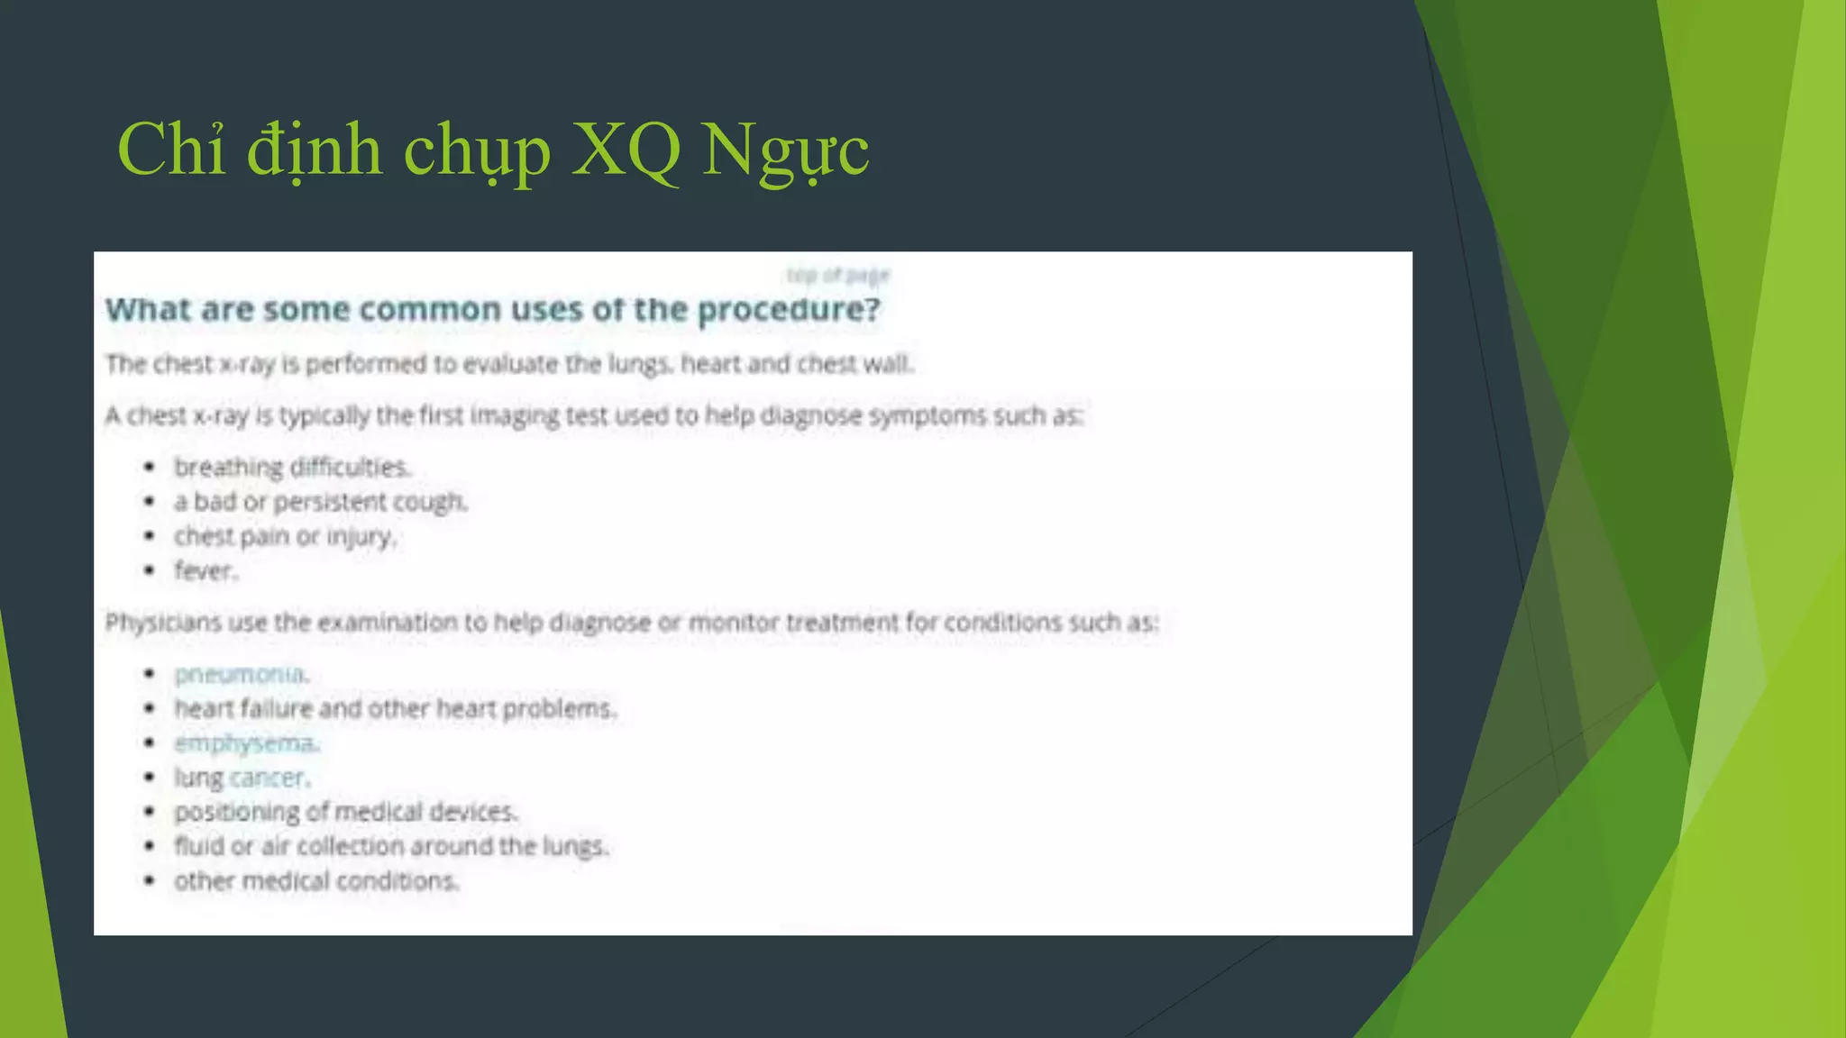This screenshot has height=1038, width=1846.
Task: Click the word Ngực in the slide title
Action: pyautogui.click(x=785, y=150)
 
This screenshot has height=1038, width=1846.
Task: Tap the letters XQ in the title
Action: pyautogui.click(x=626, y=150)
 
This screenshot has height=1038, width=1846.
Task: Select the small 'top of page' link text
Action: pyautogui.click(x=837, y=275)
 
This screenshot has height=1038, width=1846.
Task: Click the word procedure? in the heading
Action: pyautogui.click(x=789, y=310)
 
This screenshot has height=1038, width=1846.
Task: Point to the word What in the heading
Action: pyautogui.click(x=150, y=310)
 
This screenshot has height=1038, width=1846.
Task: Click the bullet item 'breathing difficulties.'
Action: pyautogui.click(x=292, y=468)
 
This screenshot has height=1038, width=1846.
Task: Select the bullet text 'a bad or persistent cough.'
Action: pyautogui.click(x=321, y=502)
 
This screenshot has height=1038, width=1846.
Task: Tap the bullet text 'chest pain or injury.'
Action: pyautogui.click(x=285, y=537)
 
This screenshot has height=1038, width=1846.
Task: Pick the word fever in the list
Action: pyautogui.click(x=204, y=571)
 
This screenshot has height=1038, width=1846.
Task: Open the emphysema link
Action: pyautogui.click(x=246, y=743)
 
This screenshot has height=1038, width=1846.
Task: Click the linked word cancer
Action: pyautogui.click(x=269, y=778)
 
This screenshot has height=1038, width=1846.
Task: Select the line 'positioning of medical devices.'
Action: pyautogui.click(x=346, y=812)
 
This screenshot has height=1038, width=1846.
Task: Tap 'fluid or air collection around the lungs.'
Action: pyautogui.click(x=391, y=847)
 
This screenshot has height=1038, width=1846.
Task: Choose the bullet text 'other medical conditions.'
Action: pyautogui.click(x=316, y=881)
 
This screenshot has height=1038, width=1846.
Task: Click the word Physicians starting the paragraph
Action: pyautogui.click(x=163, y=623)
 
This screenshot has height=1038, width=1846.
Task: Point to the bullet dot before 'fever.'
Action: pyautogui.click(x=150, y=570)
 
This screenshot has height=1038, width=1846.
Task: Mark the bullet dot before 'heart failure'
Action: pyautogui.click(x=150, y=708)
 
